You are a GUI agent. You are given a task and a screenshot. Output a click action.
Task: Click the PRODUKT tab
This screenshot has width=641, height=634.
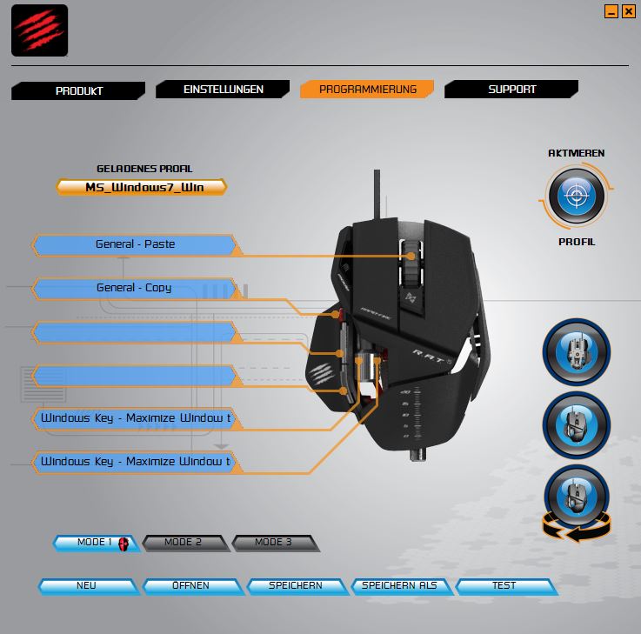(x=78, y=90)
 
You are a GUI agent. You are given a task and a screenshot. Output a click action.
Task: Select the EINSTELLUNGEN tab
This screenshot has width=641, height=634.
(x=223, y=89)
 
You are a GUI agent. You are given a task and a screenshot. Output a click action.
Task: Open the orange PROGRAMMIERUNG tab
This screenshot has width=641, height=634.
(x=367, y=89)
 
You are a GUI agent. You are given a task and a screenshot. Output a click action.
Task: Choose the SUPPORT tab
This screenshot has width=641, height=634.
(x=511, y=89)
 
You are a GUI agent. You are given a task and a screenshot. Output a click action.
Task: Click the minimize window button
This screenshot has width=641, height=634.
(x=611, y=11)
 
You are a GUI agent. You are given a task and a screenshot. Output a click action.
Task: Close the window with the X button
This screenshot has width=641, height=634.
(x=628, y=11)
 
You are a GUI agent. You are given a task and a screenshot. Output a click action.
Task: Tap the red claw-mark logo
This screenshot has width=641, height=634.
(x=40, y=30)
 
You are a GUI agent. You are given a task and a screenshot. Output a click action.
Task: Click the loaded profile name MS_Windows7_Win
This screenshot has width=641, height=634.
(x=142, y=187)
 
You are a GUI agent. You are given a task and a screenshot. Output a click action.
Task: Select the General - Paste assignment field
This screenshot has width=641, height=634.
(x=135, y=244)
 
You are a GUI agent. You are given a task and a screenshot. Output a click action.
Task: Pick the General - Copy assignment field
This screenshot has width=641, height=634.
(x=135, y=288)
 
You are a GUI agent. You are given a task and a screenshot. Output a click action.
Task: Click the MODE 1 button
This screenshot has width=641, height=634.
(x=97, y=543)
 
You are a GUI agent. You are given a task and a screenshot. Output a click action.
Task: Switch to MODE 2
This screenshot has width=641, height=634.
(x=184, y=543)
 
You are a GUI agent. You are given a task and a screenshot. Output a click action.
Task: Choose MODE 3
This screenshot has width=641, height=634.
(x=275, y=543)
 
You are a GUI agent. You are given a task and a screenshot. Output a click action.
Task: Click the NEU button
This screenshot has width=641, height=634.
(x=88, y=586)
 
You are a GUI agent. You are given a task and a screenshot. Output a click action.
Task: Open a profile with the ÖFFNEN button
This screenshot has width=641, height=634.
(x=192, y=586)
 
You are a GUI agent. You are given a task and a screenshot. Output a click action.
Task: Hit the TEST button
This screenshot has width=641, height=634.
(x=505, y=586)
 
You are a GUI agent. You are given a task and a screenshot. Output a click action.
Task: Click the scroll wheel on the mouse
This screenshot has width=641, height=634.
(x=411, y=262)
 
